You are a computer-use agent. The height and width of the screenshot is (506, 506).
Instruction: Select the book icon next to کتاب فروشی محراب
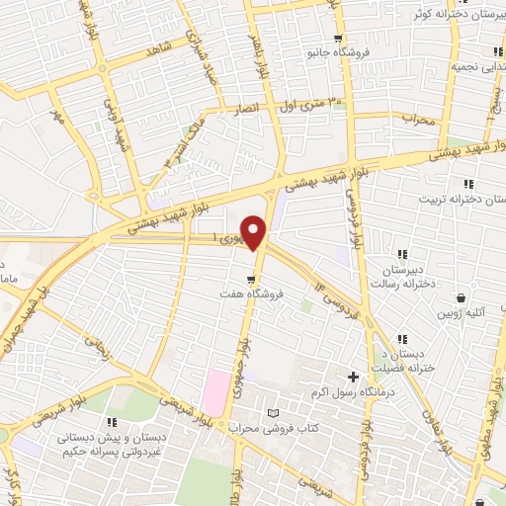click(273, 412)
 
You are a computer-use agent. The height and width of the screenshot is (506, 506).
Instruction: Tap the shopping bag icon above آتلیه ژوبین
click(462, 297)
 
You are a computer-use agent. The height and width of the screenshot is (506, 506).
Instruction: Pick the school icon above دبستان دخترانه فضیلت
click(401, 339)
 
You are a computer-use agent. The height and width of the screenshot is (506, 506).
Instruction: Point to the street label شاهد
click(161, 48)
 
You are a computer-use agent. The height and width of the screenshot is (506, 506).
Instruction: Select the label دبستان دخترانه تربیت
click(474, 199)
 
